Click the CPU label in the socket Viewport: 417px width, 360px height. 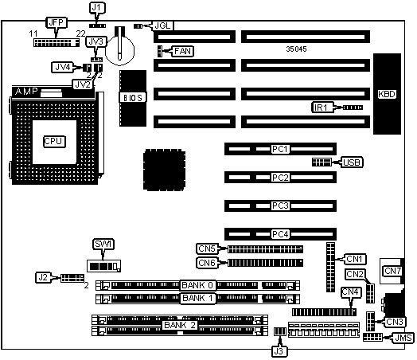click(54, 141)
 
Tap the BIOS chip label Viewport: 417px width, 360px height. click(133, 98)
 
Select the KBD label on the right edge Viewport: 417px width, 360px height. click(387, 94)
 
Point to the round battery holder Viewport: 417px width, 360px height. click(119, 49)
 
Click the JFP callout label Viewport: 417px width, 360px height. click(57, 22)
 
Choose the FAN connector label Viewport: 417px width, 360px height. click(183, 51)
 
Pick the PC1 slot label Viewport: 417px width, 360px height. click(280, 149)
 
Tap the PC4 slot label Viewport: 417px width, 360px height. click(280, 234)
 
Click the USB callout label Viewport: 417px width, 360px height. click(352, 162)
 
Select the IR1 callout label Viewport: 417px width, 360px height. click(322, 108)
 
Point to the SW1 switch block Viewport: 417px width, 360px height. click(104, 266)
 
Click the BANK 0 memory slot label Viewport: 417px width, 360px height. click(197, 285)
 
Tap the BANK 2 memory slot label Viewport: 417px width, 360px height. click(180, 325)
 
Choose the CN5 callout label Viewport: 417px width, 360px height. click(207, 248)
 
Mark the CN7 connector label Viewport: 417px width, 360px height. click(392, 271)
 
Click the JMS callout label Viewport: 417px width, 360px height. click(403, 338)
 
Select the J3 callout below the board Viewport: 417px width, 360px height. click(279, 351)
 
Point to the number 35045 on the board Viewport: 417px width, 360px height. click(296, 49)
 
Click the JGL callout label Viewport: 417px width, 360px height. click(162, 25)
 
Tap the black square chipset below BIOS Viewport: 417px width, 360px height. click(165, 170)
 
